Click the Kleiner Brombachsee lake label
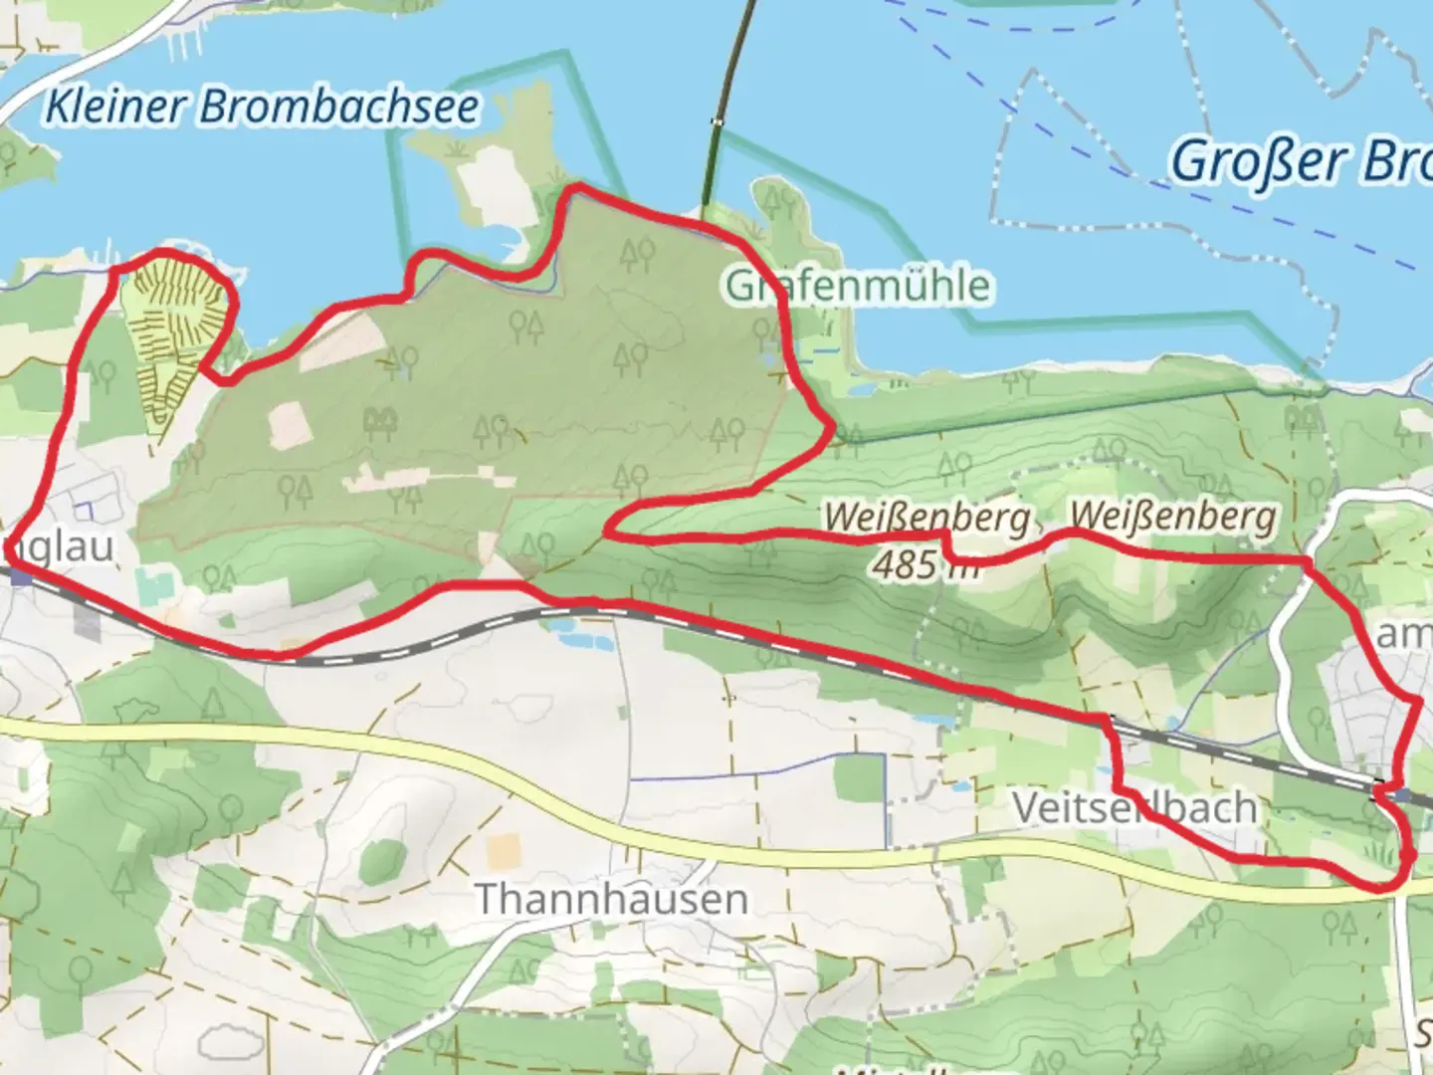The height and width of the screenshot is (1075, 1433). tap(262, 107)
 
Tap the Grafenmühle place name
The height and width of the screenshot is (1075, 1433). tap(858, 286)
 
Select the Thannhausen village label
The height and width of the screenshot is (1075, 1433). tap(611, 899)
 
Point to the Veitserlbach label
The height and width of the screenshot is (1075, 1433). tap(1134, 807)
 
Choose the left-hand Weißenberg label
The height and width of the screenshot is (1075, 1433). tap(926, 518)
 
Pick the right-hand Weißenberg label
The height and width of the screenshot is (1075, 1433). tap(1172, 516)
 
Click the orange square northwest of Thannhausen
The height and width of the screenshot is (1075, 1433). tap(505, 849)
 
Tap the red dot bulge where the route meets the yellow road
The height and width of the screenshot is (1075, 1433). tap(1407, 855)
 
